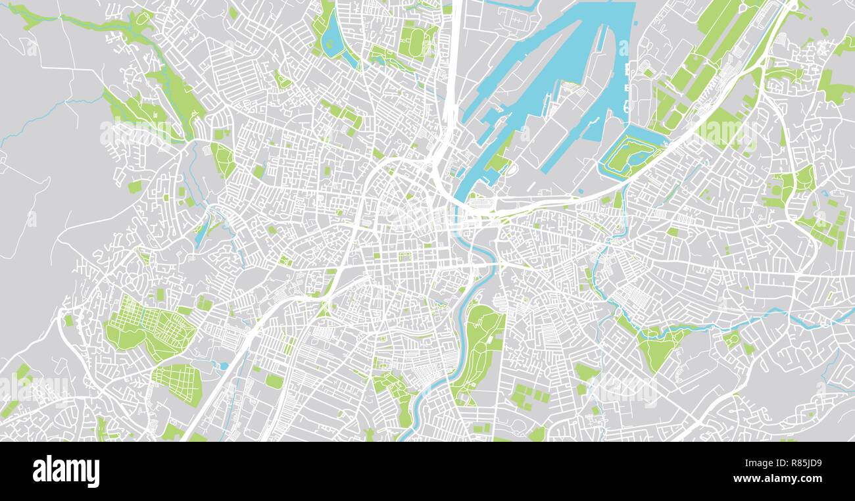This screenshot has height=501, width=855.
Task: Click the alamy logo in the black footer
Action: coord(66,471)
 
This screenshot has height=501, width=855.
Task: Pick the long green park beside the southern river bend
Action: coord(479,348)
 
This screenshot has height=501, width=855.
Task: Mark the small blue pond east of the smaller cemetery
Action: coord(223,366)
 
